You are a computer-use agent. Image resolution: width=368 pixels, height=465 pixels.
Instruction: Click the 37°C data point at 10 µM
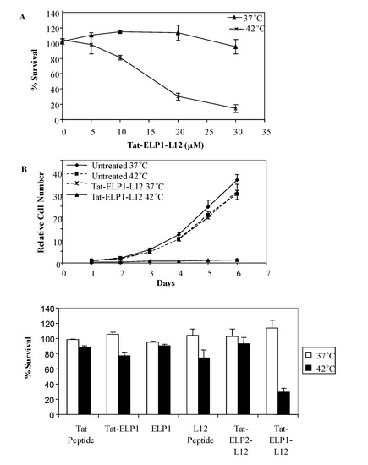point(121,31)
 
